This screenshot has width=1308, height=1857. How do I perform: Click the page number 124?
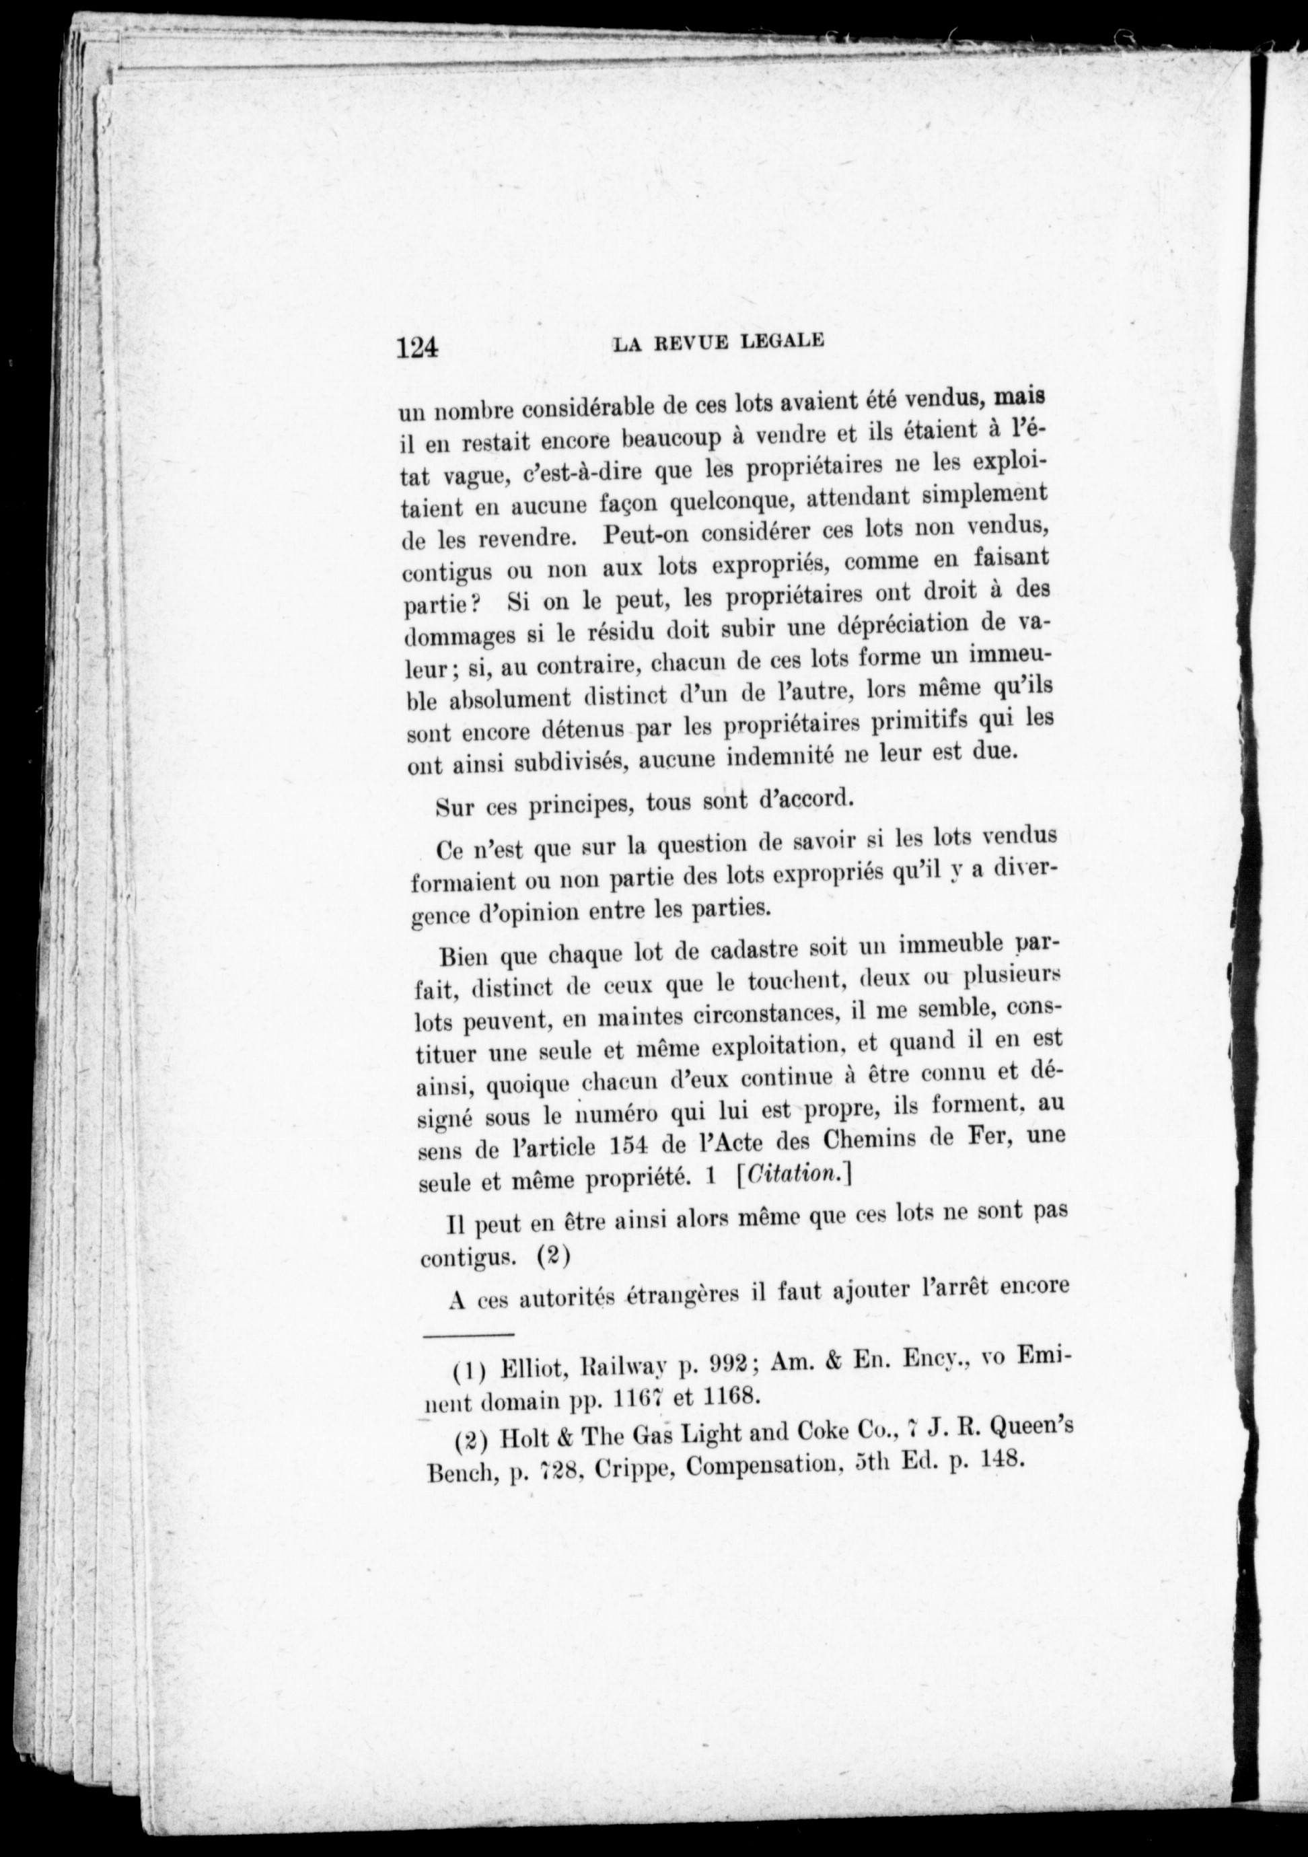click(416, 348)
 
